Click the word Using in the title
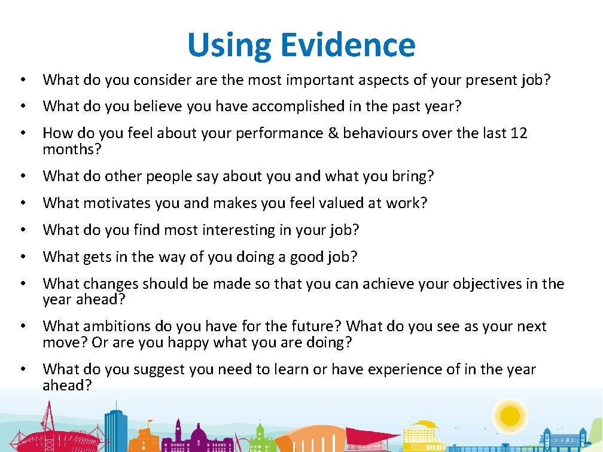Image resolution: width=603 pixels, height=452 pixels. [228, 46]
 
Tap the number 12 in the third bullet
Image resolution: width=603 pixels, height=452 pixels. [519, 133]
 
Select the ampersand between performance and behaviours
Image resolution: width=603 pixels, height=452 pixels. [333, 133]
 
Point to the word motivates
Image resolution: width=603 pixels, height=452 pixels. [114, 203]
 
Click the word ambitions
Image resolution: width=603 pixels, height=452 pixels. [114, 326]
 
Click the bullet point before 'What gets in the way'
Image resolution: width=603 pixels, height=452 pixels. [22, 257]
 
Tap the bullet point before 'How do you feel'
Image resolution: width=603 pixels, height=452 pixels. [22, 133]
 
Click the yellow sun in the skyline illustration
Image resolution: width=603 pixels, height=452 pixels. [510, 414]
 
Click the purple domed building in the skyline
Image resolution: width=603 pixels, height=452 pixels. [179, 436]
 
